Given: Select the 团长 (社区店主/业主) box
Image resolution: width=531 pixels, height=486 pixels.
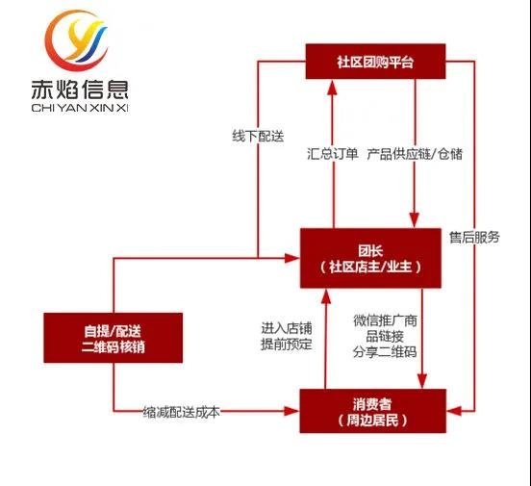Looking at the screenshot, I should point(370,257).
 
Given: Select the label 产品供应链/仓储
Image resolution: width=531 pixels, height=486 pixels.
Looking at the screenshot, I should point(415,153).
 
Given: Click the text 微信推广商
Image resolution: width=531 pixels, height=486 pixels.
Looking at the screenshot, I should point(385,320).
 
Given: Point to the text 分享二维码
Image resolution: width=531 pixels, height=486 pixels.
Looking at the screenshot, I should point(385,352).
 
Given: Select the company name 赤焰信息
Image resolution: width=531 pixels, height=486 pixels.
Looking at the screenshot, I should point(79,94).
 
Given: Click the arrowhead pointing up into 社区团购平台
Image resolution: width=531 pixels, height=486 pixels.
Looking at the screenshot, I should point(331,87).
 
